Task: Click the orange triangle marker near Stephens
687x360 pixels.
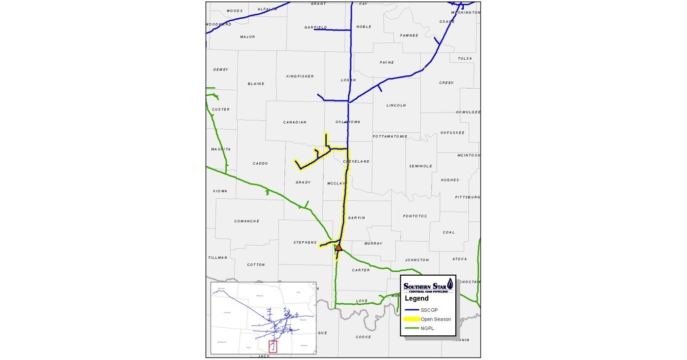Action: point(339,248)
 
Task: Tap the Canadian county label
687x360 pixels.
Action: point(295,122)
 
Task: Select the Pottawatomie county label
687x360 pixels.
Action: point(390,136)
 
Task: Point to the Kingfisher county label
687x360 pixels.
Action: point(300,76)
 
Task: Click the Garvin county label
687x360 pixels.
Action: point(356,217)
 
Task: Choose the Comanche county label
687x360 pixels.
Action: point(246,221)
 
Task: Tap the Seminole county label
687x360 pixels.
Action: point(420,166)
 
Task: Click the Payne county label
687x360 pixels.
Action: point(387,63)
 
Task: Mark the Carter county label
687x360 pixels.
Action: point(361,270)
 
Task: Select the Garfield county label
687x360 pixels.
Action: point(315,28)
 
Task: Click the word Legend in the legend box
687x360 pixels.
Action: point(416,298)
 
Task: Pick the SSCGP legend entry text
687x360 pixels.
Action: point(430,310)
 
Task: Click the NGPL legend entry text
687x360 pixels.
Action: point(428,328)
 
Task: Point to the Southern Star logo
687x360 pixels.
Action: point(428,287)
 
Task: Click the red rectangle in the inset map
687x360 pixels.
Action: point(273,347)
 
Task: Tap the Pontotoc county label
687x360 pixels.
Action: point(414,216)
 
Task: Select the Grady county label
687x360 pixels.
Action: point(303,182)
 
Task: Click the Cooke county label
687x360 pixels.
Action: point(363,337)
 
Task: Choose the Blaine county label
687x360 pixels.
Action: point(256,84)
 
